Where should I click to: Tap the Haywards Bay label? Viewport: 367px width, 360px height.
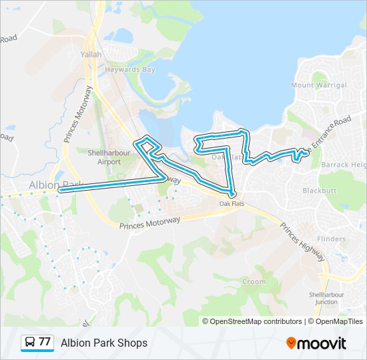[132, 69]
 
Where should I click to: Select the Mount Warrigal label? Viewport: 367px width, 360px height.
[319, 85]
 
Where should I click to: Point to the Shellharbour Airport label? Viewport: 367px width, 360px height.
[105, 157]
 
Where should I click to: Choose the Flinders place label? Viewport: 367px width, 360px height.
[332, 239]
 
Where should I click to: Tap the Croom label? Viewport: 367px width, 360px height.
[254, 282]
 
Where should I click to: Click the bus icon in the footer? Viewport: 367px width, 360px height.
[30, 343]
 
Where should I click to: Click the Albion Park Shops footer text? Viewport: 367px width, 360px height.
[104, 343]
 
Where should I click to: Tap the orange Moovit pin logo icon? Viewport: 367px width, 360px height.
[291, 343]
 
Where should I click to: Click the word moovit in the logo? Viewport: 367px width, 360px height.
[322, 343]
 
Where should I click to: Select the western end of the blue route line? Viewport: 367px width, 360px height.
[61, 190]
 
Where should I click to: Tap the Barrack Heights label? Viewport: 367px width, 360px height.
[344, 165]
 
